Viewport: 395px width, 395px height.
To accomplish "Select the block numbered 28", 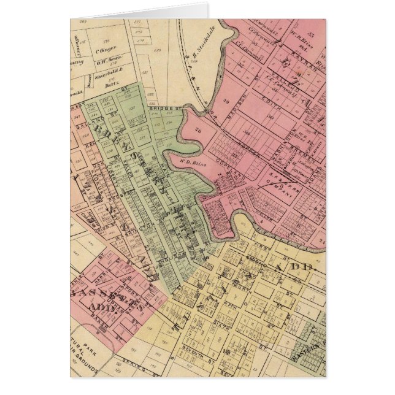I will point(198,131).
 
